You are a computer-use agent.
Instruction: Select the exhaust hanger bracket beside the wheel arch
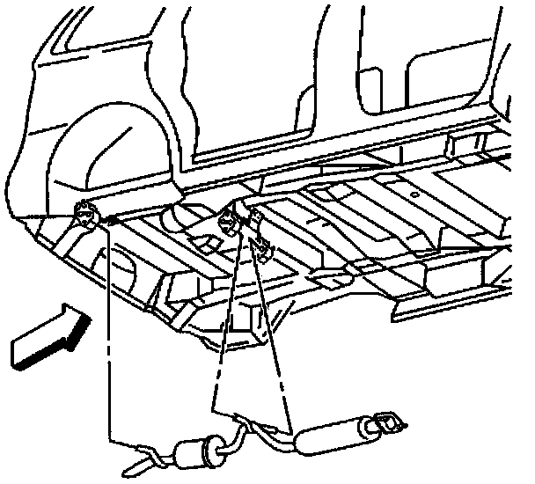tap(84, 213)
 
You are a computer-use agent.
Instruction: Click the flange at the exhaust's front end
tap(386, 424)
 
